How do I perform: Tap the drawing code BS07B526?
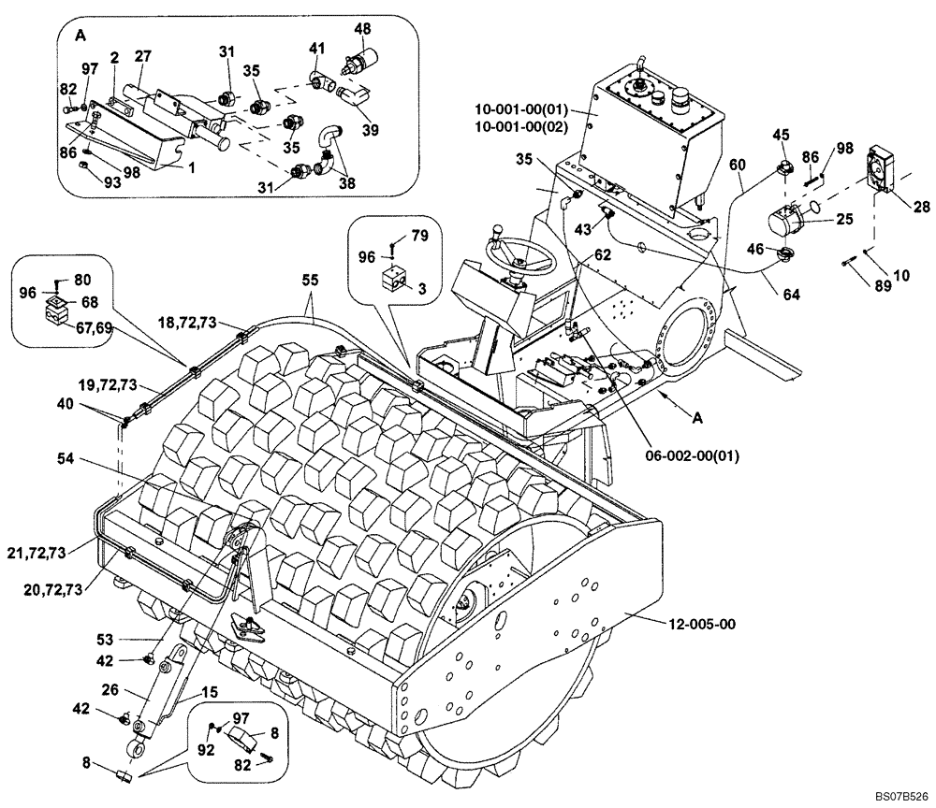pyautogui.click(x=900, y=796)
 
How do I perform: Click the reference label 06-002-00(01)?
pyautogui.click(x=694, y=456)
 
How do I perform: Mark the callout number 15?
pyautogui.click(x=211, y=693)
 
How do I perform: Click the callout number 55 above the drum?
pyautogui.click(x=309, y=280)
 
